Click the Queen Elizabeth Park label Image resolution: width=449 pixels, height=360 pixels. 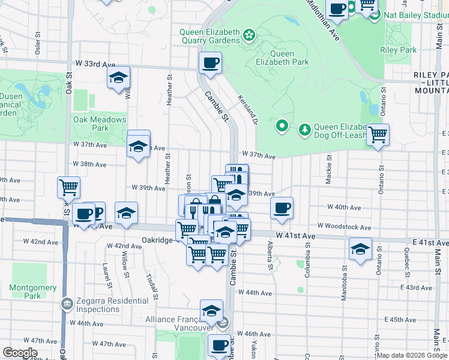[x=282, y=58]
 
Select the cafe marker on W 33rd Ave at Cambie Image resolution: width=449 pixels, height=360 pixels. [x=210, y=62]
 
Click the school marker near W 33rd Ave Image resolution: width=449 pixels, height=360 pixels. [x=119, y=77]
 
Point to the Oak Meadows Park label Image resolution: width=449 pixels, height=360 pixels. [x=100, y=124]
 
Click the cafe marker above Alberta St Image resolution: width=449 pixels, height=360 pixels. [x=282, y=208]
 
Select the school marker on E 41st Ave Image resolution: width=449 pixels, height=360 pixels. [x=360, y=248]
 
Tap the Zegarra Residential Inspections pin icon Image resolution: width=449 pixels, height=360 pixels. [x=67, y=305]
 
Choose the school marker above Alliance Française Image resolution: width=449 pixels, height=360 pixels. [x=211, y=311]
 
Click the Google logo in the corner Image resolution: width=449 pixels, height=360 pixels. [x=20, y=353]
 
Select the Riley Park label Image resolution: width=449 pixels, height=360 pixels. [x=399, y=50]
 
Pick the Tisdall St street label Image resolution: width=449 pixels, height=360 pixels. [x=151, y=286]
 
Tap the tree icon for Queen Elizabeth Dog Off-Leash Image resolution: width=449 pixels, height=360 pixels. [x=305, y=128]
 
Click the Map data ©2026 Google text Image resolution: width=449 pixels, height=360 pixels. [x=412, y=355]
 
